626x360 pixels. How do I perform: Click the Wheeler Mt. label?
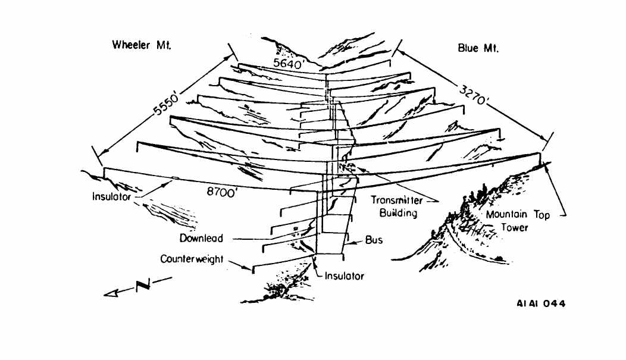[142, 46]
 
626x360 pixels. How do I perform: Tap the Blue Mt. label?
[478, 48]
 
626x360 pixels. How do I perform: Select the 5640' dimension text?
[288, 63]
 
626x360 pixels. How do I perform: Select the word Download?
[202, 239]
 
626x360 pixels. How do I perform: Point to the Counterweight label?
[192, 260]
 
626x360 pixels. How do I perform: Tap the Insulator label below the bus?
[344, 276]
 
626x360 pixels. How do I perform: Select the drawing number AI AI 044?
[541, 303]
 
